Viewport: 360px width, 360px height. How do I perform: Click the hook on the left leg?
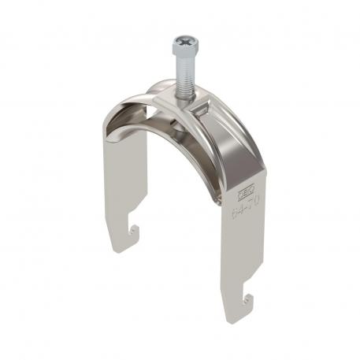tap(135, 230)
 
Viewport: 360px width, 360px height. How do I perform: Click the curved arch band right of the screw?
tap(228, 134)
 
